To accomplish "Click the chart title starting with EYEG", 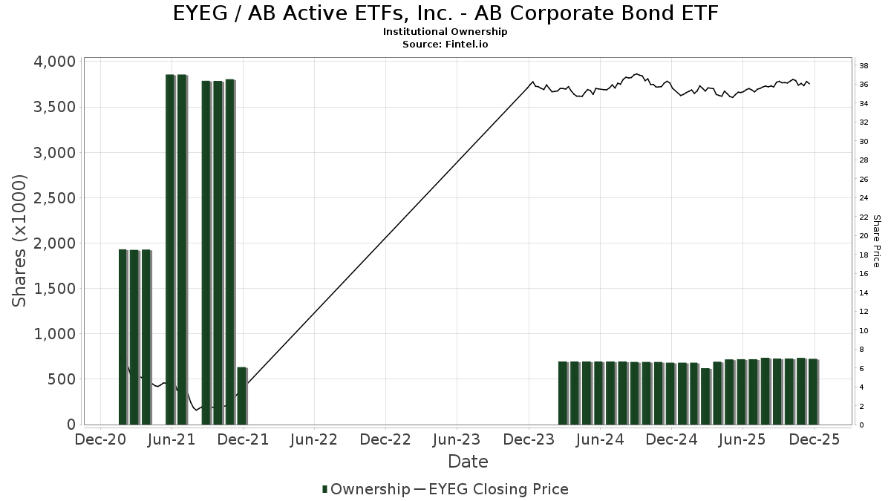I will (446, 13).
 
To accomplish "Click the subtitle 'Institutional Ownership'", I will (446, 32).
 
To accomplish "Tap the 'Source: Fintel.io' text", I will (446, 45).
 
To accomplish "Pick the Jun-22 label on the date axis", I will (314, 439).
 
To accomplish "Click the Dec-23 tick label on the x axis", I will (529, 439).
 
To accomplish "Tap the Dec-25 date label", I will (815, 439).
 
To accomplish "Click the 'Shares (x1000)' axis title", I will (19, 240).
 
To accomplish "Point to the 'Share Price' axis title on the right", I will (876, 241).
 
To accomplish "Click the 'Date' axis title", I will (468, 462).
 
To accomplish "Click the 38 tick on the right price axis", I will (864, 66).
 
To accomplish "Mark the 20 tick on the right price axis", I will (864, 236).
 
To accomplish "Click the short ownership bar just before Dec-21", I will (241, 396).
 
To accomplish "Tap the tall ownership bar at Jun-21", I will (170, 249).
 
